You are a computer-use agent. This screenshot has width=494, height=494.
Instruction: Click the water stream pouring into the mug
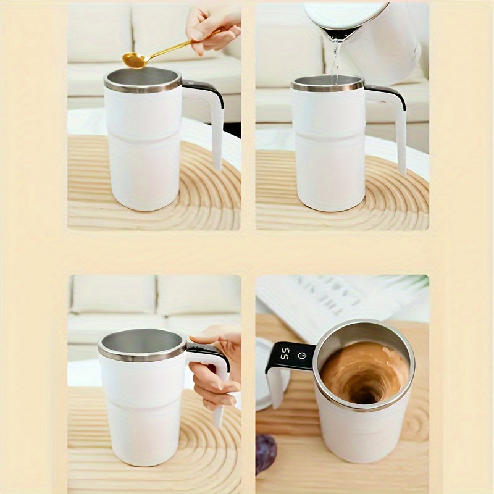pyautogui.click(x=335, y=59)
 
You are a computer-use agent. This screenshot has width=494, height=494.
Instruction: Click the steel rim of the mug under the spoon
pyautogui.click(x=143, y=86)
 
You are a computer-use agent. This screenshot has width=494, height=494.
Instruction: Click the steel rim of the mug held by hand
pyautogui.click(x=141, y=356)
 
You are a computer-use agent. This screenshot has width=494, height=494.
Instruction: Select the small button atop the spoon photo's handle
pyautogui.click(x=190, y=82)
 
